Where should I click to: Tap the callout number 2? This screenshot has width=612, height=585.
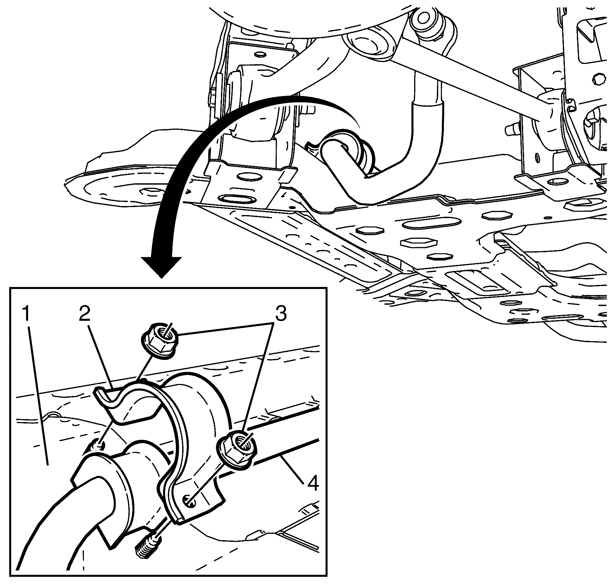[x=84, y=314]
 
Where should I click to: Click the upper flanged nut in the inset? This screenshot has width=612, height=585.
[x=158, y=340]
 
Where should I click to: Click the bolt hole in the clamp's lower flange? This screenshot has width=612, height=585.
[x=189, y=500]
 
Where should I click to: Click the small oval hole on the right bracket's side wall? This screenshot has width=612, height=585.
[x=537, y=158]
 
